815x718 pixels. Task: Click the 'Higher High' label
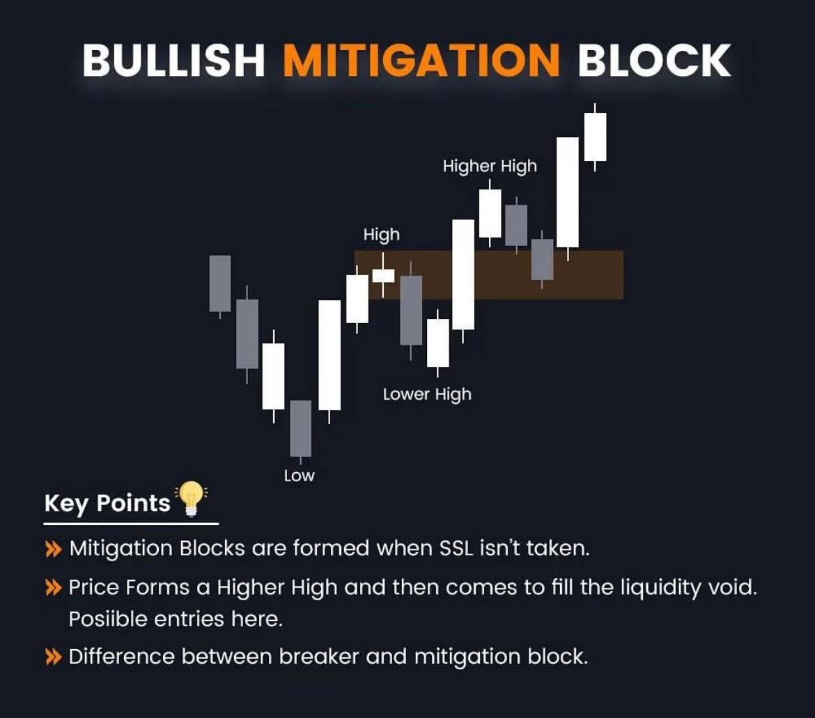pos(490,166)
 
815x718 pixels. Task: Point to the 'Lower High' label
pos(427,394)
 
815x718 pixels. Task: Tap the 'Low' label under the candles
pos(300,476)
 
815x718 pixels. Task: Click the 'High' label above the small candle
pos(382,235)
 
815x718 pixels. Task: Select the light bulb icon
pos(190,499)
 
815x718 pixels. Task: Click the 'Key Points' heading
pos(107,504)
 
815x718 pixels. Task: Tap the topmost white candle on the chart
pos(595,136)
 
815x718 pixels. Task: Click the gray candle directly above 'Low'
pos(300,428)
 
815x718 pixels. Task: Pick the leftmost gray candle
pos(220,283)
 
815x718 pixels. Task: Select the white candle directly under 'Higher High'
pos(490,213)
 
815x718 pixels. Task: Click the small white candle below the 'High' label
pos(383,276)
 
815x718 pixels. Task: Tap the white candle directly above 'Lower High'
pos(437,343)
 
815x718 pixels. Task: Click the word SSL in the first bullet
pos(457,549)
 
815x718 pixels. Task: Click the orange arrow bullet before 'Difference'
pos(53,657)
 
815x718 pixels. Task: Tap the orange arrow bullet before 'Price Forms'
pos(53,588)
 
